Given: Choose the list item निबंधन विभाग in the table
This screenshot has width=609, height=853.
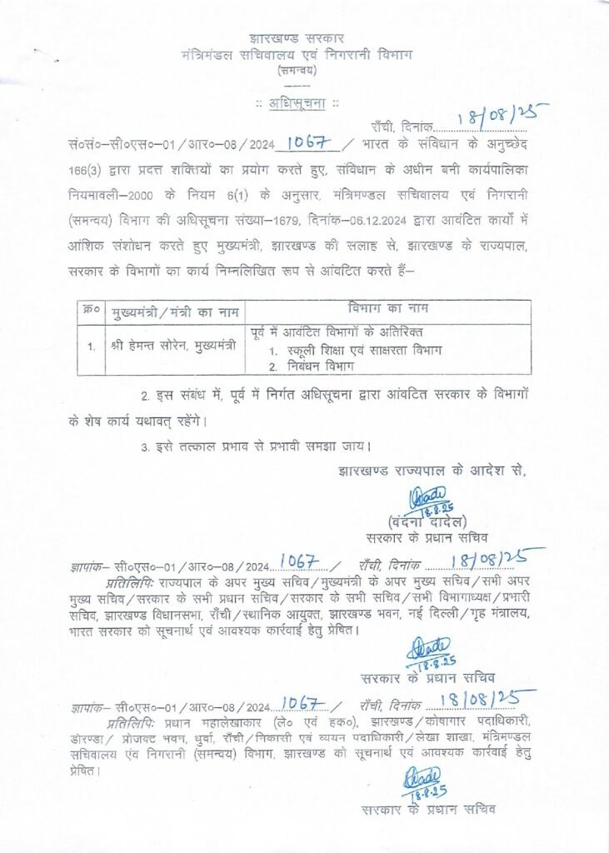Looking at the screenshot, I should click(x=326, y=367).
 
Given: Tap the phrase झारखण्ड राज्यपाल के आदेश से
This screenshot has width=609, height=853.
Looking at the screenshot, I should click(x=432, y=471).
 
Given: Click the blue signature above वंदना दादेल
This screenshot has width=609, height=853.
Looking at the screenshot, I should click(x=431, y=500).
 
